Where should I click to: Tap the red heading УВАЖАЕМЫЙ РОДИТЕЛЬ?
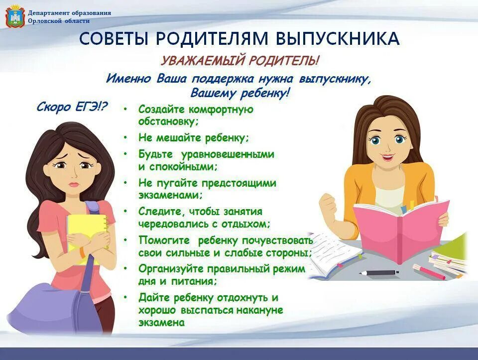click(239, 61)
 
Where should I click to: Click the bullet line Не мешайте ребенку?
click(194, 138)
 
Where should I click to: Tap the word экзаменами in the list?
click(168, 195)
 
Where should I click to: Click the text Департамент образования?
click(70, 13)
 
